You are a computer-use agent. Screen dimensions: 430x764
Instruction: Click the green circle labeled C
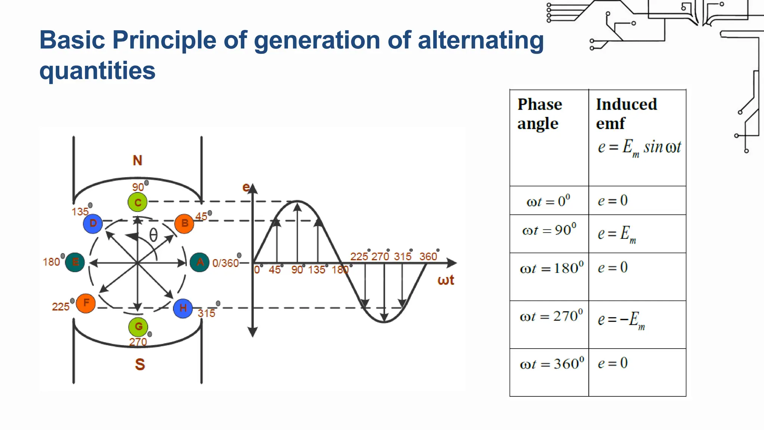(138, 202)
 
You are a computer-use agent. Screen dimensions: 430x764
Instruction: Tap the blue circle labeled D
(93, 224)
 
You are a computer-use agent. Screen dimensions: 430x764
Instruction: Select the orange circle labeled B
(184, 224)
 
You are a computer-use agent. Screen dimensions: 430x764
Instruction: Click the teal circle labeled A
(200, 262)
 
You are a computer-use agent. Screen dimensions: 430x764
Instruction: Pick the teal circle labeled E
(75, 262)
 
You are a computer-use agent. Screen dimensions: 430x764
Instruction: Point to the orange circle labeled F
(86, 303)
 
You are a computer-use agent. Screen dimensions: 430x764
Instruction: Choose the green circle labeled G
(138, 327)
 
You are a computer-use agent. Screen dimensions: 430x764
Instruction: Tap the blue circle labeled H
(183, 308)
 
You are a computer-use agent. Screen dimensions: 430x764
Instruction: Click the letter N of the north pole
(137, 161)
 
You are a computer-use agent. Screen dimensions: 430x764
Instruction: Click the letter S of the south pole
(140, 364)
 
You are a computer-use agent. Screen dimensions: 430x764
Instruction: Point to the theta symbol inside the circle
(153, 236)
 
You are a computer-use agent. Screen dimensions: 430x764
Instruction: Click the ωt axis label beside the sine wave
(445, 280)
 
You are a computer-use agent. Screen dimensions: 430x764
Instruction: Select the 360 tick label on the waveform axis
(428, 257)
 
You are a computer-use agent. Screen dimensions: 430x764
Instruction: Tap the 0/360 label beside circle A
(225, 263)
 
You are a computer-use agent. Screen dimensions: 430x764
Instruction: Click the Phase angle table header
(539, 114)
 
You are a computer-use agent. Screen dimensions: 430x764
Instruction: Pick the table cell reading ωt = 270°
(551, 317)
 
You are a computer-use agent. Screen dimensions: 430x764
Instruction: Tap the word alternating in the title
(480, 40)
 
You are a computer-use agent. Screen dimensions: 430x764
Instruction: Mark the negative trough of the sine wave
(384, 321)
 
